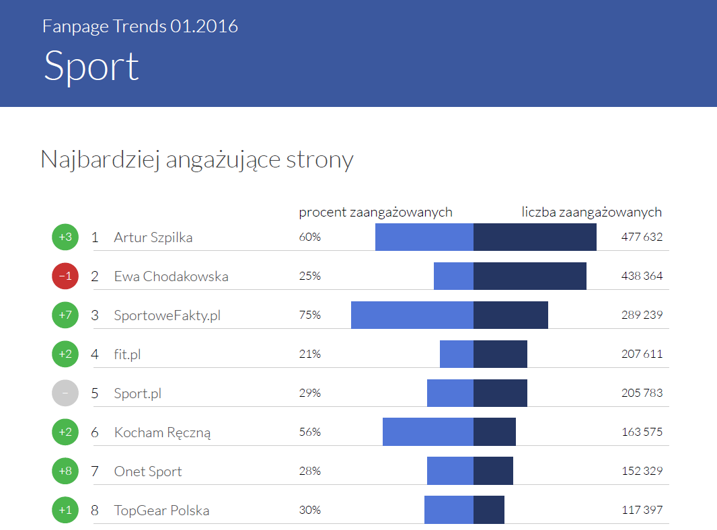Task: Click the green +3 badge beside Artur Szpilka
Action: click(x=65, y=237)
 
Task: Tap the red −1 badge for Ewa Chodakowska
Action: click(x=65, y=276)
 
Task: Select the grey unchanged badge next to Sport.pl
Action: click(x=65, y=393)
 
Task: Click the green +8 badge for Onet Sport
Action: click(x=65, y=471)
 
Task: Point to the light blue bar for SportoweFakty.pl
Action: click(x=412, y=315)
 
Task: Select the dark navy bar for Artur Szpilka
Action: click(x=535, y=237)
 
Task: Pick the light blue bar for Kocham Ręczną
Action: click(x=428, y=432)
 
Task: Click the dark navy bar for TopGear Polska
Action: click(x=489, y=510)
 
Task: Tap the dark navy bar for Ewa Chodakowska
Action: click(x=530, y=276)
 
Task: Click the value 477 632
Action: click(x=642, y=237)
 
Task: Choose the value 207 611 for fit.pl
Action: click(x=642, y=354)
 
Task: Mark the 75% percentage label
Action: click(x=310, y=315)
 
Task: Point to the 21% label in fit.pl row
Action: click(x=309, y=354)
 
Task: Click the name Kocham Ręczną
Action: click(x=162, y=432)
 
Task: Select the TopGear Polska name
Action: click(x=161, y=510)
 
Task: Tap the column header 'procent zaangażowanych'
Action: click(x=375, y=212)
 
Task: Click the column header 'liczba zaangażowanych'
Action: click(x=592, y=212)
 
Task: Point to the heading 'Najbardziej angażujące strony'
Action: click(x=197, y=160)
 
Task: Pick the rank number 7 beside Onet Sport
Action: click(x=95, y=471)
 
